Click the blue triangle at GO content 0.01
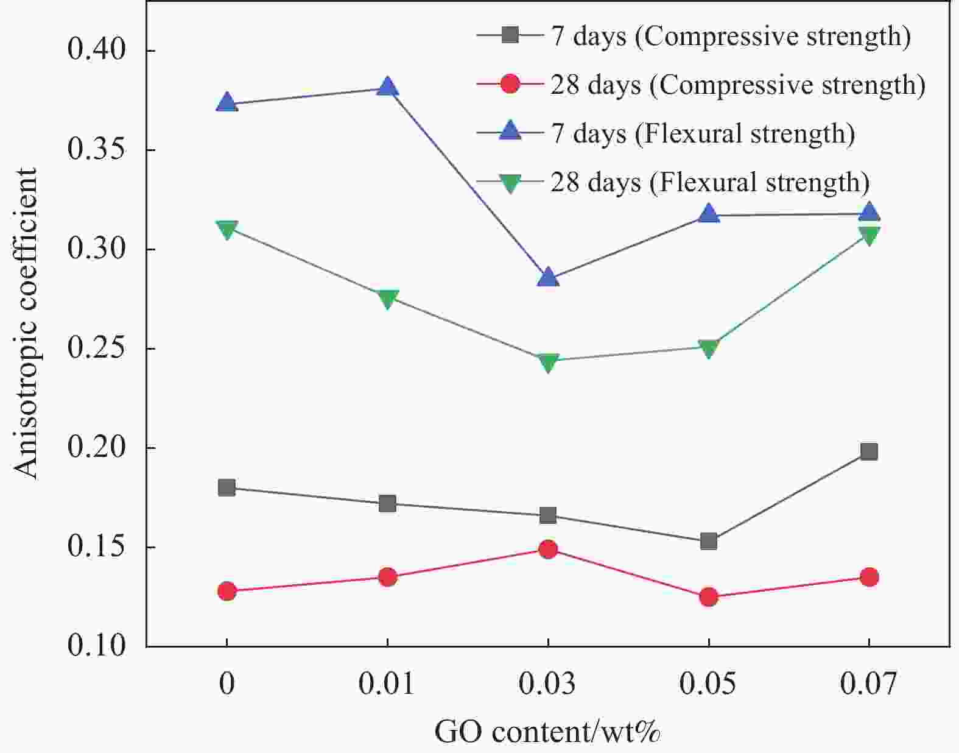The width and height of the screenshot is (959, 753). coord(388,87)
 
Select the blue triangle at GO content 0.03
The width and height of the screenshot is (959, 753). coord(548,278)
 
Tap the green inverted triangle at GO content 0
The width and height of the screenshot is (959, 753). coord(227,230)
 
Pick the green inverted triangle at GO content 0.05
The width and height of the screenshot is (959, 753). coord(708,348)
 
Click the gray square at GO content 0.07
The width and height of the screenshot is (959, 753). coord(869,451)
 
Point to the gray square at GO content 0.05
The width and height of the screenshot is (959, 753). coord(708,541)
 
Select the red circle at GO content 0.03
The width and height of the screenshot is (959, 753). coord(548,549)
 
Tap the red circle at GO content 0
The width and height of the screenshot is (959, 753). coord(227,591)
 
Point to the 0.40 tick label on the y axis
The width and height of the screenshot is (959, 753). coord(97,50)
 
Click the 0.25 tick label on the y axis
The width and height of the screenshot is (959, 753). coord(97,348)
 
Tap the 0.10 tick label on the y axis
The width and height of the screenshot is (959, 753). coord(97,646)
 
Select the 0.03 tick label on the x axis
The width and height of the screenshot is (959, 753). coord(547,684)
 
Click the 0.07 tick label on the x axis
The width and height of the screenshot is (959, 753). coord(868,684)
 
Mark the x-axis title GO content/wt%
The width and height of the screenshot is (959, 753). coord(547,731)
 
